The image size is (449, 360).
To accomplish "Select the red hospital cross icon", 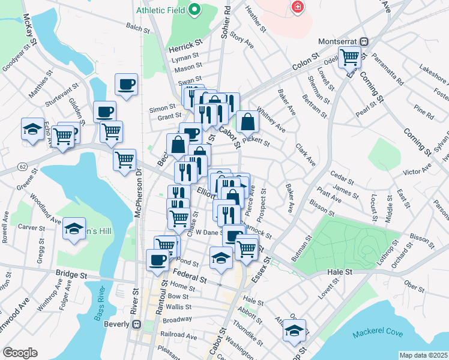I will [296, 7].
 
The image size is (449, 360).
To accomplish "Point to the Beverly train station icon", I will [136, 324].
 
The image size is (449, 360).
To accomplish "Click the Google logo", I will [20, 353].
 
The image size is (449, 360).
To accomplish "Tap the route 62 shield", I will [23, 164].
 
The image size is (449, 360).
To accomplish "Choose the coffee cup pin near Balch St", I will [126, 85].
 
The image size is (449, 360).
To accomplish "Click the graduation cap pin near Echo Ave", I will [32, 129].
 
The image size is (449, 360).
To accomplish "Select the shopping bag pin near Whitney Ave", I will [247, 122].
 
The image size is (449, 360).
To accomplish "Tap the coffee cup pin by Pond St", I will [158, 260].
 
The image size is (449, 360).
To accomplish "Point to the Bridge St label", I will [71, 274].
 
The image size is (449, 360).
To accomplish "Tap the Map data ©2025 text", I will [423, 355].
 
